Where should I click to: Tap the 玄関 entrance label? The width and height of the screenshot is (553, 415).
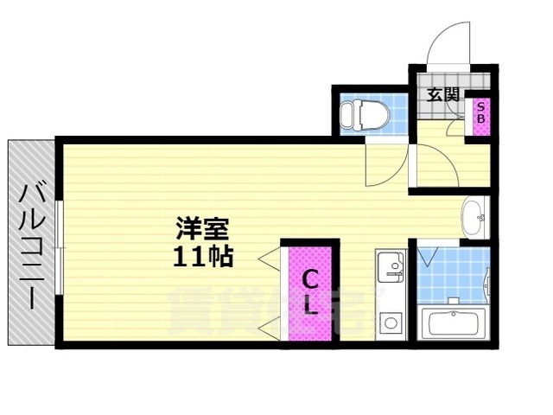tap(442, 95)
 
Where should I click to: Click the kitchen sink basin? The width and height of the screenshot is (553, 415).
tap(391, 263)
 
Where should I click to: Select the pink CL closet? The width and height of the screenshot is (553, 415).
tap(309, 294)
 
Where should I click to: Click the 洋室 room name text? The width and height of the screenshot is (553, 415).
tap(202, 230)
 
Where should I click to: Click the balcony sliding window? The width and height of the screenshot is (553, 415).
tap(59, 246)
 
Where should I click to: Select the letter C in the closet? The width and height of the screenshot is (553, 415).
tap(309, 278)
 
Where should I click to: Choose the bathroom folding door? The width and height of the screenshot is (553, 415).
tap(426, 258)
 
